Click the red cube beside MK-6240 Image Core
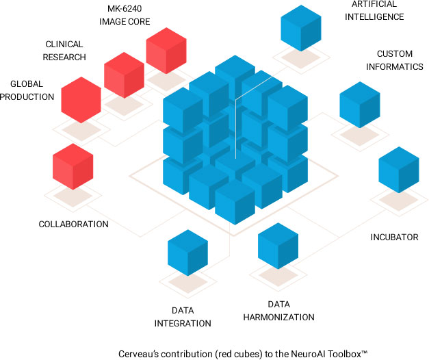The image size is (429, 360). pyautogui.click(x=166, y=51)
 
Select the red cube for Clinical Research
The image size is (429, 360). pyautogui.click(x=124, y=74)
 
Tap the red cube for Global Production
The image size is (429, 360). pyautogui.click(x=81, y=100)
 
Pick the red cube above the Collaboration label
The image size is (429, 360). pyautogui.click(x=73, y=166)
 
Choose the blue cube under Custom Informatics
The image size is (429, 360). pyautogui.click(x=360, y=104)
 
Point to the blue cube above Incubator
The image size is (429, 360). pyautogui.click(x=399, y=170)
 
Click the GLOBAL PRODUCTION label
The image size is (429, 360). pyautogui.click(x=27, y=90)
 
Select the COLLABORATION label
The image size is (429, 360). pyautogui.click(x=73, y=224)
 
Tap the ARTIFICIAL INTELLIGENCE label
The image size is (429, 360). pyautogui.click(x=374, y=11)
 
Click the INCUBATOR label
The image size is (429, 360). pyautogui.click(x=394, y=237)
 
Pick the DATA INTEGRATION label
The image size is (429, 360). pyautogui.click(x=182, y=317)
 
